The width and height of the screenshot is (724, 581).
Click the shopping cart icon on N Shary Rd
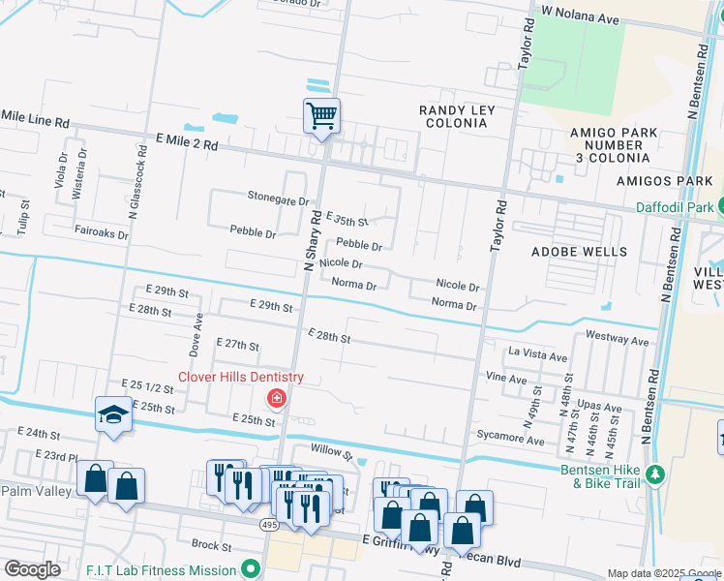321,116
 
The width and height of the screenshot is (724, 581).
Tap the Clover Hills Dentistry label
240,378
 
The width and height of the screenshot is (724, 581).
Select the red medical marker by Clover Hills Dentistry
277,398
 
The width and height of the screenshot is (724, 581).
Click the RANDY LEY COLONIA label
457,117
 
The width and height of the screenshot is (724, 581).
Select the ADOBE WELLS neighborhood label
579,252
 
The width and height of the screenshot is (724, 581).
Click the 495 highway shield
270,523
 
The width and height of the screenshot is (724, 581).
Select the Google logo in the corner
32,569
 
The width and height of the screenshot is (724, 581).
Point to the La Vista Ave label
537,356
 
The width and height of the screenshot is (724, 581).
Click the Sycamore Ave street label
509,439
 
